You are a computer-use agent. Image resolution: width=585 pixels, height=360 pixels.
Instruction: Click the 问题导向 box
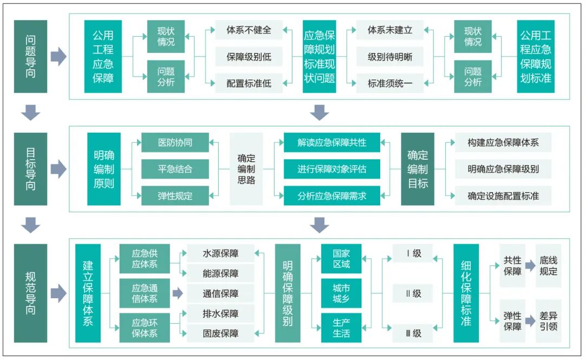(30, 56)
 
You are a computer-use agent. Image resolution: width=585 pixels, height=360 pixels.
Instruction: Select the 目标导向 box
(30, 168)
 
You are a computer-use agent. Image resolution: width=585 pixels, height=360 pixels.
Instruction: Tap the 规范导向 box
(30, 292)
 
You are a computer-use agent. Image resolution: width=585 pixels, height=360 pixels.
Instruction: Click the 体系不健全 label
(249, 30)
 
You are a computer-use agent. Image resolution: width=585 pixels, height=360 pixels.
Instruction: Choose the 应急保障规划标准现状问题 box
(320, 56)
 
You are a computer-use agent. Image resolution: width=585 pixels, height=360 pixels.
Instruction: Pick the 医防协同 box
(175, 143)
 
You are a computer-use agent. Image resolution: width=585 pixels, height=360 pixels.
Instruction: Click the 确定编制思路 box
(246, 169)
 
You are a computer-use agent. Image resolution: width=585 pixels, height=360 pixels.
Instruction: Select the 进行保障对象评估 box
(331, 169)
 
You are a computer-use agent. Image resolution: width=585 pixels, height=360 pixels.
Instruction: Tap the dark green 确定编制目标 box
(418, 169)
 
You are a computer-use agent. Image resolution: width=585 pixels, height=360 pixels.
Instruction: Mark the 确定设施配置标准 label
(503, 195)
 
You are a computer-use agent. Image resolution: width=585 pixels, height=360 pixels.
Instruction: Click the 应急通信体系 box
(144, 293)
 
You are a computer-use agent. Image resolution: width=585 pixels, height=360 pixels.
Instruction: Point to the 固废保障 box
(220, 333)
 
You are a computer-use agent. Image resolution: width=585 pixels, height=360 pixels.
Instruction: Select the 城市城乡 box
(341, 293)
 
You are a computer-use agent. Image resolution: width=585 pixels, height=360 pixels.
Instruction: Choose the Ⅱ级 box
(413, 294)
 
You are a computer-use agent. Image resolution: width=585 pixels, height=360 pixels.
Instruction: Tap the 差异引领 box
(548, 320)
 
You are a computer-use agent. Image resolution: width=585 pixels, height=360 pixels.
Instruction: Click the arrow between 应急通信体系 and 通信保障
(178, 293)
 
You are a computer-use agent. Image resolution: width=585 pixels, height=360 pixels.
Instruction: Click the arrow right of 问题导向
(58, 56)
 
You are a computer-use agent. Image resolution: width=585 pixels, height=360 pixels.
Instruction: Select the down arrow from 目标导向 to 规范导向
(30, 225)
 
